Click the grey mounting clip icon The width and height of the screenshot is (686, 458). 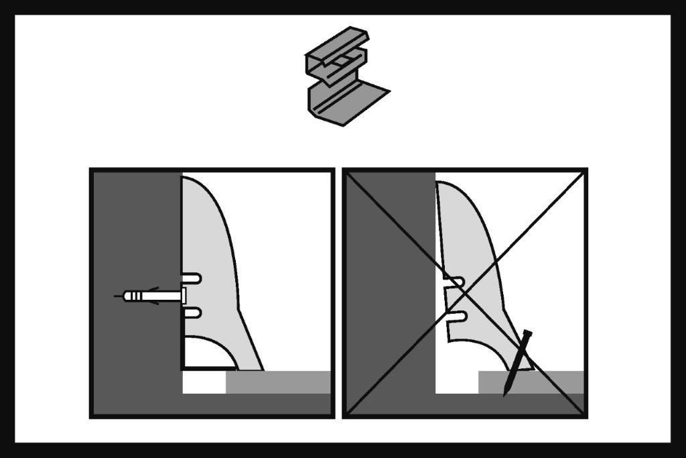pos(342,77)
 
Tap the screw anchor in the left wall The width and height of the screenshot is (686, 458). pos(144,295)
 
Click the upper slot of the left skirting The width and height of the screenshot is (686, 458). pos(192,277)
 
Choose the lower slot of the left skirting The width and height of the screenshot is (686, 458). pos(192,312)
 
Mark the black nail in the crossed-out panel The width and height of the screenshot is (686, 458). pos(517,362)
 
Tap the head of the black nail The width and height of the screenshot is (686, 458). pos(527,333)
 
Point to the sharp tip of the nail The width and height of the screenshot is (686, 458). pos(505,395)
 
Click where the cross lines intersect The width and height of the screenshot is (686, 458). pos(465,294)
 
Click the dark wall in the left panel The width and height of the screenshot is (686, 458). pos(134,221)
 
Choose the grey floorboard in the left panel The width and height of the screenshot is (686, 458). pos(278,382)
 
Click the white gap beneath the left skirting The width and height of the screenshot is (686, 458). pos(204,382)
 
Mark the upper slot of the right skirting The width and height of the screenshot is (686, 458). pos(456,281)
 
